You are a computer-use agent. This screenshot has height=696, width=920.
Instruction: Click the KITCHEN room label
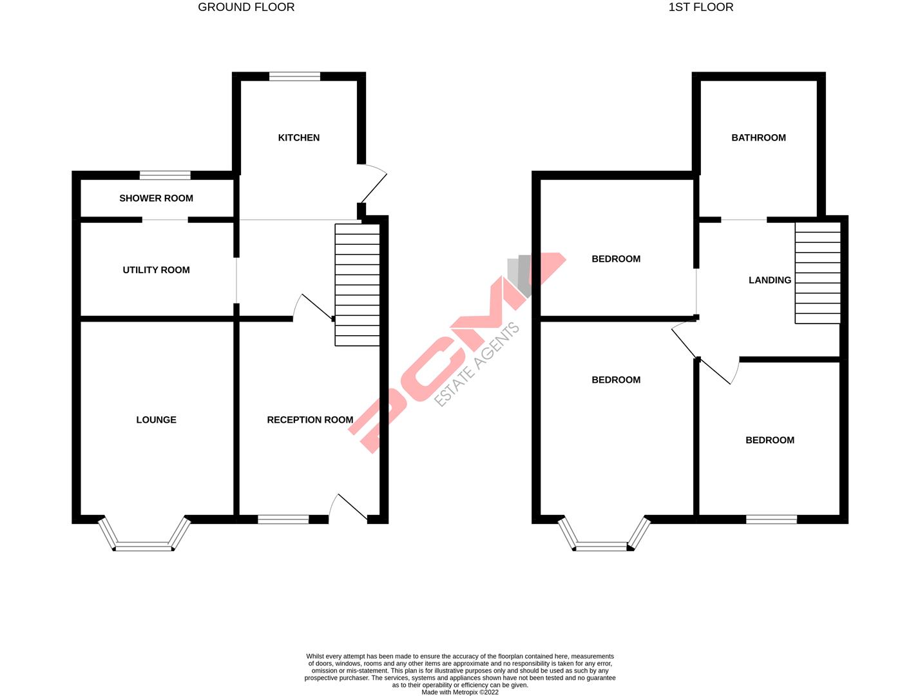(298, 137)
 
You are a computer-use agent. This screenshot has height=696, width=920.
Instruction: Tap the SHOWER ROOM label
(156, 198)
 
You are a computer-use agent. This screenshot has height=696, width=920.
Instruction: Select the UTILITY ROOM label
(156, 270)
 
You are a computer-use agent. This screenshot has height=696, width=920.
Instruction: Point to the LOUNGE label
(156, 420)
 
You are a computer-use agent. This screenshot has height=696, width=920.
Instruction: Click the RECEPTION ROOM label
(310, 420)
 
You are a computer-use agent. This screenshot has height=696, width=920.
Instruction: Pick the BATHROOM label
(758, 137)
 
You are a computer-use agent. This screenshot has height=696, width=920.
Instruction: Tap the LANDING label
(769, 280)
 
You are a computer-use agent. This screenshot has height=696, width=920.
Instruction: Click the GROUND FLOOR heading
(246, 8)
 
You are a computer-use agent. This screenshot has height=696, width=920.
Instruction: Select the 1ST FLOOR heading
(701, 8)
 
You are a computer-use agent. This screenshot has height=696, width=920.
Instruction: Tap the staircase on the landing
(818, 273)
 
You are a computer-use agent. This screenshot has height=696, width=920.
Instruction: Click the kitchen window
(294, 76)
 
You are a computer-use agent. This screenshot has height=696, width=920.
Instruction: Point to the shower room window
(165, 175)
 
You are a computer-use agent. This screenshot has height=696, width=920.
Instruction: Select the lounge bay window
(144, 546)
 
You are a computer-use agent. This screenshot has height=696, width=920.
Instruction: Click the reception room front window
(283, 519)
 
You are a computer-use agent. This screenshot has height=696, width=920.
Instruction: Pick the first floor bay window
(604, 546)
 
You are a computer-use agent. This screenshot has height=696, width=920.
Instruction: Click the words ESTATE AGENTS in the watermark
(477, 365)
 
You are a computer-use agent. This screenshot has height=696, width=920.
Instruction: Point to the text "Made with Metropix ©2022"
(459, 693)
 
